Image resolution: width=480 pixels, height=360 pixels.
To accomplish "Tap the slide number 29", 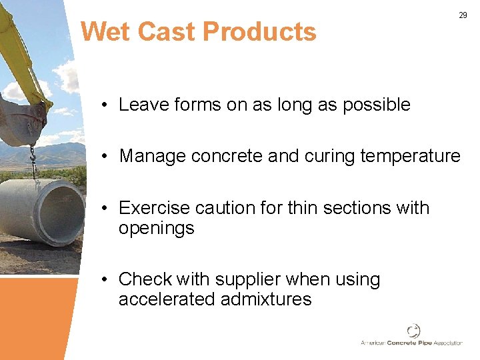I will tap(463, 15).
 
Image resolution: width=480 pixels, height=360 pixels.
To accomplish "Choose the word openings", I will tap(156, 228).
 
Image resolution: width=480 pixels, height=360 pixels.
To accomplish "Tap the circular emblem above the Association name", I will tap(413, 331).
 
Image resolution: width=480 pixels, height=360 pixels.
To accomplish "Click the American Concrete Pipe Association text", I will tap(411, 343).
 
